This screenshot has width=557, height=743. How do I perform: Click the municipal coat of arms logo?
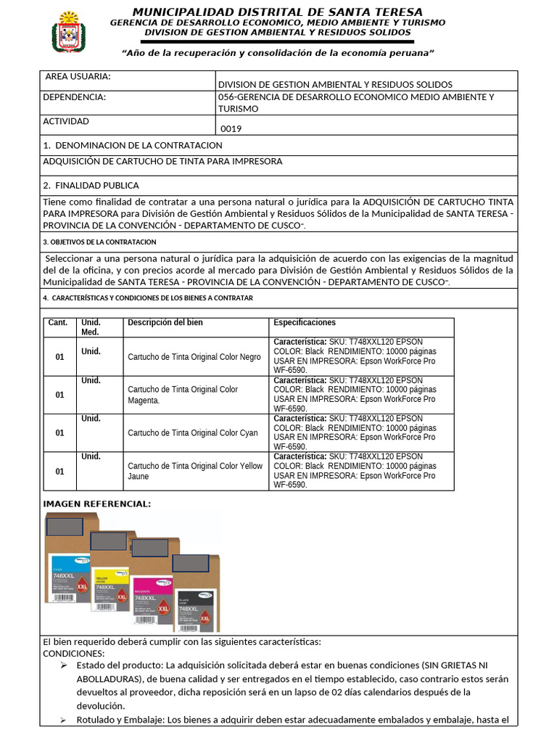[x=70, y=33]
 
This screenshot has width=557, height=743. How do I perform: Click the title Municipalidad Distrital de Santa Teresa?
[x=277, y=12]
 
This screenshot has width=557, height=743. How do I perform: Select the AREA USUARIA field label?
[x=78, y=77]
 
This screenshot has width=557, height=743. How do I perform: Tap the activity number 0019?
[x=231, y=128]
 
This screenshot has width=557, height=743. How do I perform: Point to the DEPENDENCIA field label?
[x=74, y=97]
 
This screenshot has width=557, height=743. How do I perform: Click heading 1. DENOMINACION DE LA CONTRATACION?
[x=133, y=145]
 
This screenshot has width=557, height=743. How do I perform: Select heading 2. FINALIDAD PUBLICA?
[x=91, y=185]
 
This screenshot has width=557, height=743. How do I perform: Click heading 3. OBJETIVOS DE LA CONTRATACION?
[x=99, y=242]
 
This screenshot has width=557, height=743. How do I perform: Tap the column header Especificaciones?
[x=305, y=323]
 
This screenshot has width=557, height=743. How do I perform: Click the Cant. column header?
[x=57, y=323]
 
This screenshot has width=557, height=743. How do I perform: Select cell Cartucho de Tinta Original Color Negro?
[x=194, y=357]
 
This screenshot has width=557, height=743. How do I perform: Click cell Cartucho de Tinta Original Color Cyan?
[x=192, y=433]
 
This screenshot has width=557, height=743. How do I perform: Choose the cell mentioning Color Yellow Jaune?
[x=195, y=471]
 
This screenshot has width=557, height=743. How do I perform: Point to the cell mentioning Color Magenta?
[x=183, y=395]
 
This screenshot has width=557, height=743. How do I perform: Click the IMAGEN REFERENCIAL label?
[x=97, y=504]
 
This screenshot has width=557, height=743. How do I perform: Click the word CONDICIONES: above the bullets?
[x=75, y=653]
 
